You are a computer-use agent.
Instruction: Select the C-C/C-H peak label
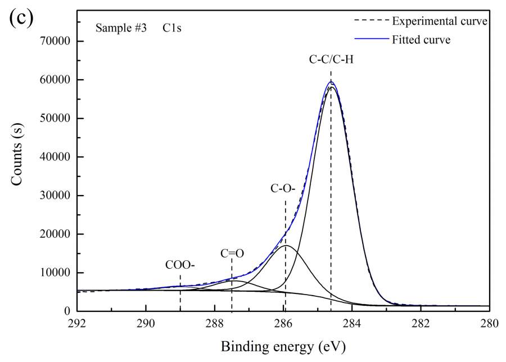tap(331, 60)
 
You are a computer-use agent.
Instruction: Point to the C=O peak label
tap(232, 253)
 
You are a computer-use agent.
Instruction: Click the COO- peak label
tap(180, 264)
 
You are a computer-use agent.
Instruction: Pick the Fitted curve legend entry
tap(421, 40)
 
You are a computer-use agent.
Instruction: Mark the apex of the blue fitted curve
tap(331, 82)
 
